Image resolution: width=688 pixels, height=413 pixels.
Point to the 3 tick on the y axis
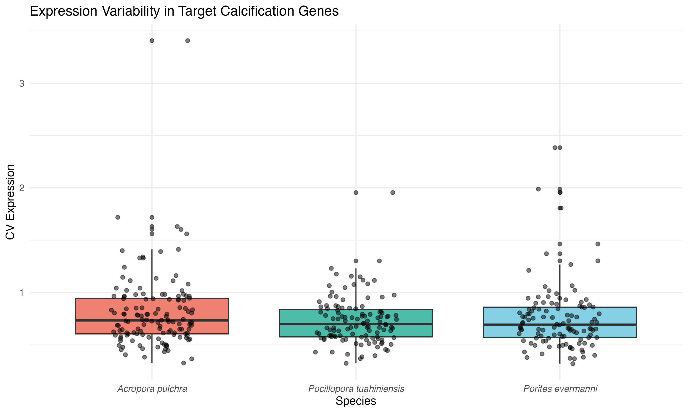[x=22, y=84]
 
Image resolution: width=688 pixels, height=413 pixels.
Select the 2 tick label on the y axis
[x=22, y=188]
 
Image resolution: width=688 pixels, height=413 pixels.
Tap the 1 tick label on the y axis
[x=22, y=293]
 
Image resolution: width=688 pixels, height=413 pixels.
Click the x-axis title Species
[x=356, y=401]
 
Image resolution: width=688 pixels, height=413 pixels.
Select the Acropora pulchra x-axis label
[x=152, y=389]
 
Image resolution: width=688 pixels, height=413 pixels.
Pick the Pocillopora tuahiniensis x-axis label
[x=356, y=389]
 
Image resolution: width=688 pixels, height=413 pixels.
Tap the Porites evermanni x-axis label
[x=560, y=389]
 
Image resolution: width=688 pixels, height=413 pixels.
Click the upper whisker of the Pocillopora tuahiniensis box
[x=356, y=289]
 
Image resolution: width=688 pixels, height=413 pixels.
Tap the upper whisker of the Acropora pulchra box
[x=152, y=273]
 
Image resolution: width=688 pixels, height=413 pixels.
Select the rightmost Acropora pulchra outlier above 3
[x=188, y=41]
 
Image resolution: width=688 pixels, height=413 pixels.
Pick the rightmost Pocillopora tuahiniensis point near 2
[x=393, y=193]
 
